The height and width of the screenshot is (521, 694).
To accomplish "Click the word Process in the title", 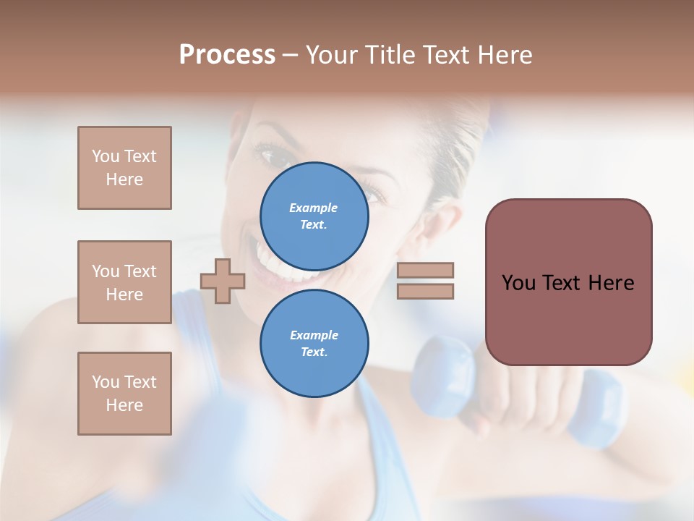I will pyautogui.click(x=227, y=55).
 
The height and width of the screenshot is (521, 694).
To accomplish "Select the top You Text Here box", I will pyautogui.click(x=124, y=168).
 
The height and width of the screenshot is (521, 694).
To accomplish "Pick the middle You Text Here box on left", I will pyautogui.click(x=124, y=282).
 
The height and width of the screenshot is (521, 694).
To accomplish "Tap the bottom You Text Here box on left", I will pyautogui.click(x=124, y=394).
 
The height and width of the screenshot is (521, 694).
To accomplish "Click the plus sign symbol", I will pyautogui.click(x=223, y=281).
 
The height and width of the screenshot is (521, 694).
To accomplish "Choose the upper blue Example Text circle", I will pyautogui.click(x=314, y=216).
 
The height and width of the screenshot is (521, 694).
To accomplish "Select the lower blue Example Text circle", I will pyautogui.click(x=314, y=343).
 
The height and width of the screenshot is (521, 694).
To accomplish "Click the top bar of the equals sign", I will pyautogui.click(x=425, y=270).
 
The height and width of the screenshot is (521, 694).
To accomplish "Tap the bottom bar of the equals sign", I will pyautogui.click(x=425, y=291).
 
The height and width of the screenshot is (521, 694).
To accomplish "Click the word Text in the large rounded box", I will pyautogui.click(x=567, y=283).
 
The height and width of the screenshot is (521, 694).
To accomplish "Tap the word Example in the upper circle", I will pyautogui.click(x=313, y=208).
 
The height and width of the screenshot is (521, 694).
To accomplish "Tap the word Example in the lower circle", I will pyautogui.click(x=313, y=335).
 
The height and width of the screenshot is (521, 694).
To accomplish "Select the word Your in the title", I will pyautogui.click(x=331, y=55).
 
